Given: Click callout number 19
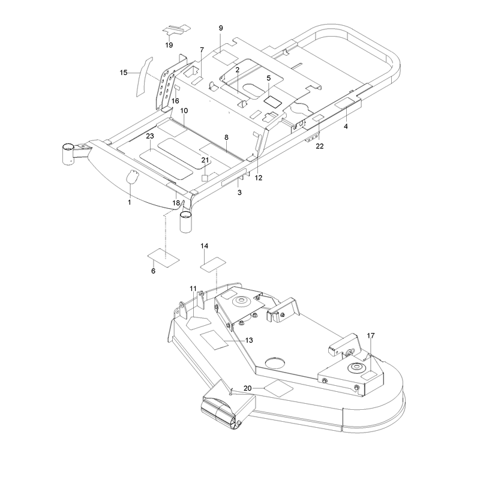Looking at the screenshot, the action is [169, 45].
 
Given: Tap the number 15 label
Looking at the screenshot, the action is [124, 73].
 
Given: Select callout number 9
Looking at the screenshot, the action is [221, 28].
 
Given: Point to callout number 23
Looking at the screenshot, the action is [150, 136].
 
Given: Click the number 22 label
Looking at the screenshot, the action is [320, 146].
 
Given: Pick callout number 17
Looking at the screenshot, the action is [371, 336].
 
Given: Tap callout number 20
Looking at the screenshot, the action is [248, 388].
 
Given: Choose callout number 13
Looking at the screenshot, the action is [249, 340].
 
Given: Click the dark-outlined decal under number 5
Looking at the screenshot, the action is [273, 101].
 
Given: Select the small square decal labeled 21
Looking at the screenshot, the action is [205, 178].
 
